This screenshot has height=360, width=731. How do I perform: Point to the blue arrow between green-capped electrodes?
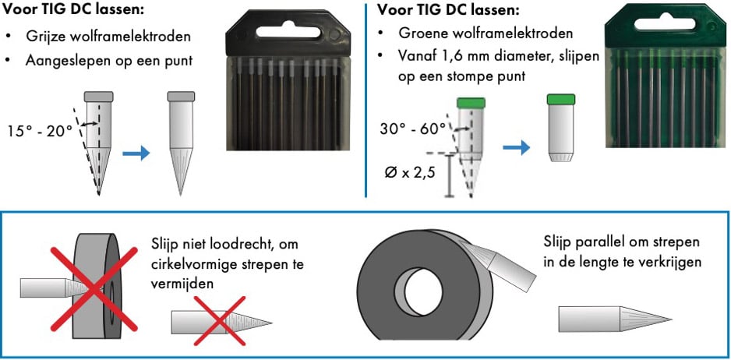[x=514, y=145]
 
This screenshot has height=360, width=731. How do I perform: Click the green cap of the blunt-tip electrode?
[x=561, y=100]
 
